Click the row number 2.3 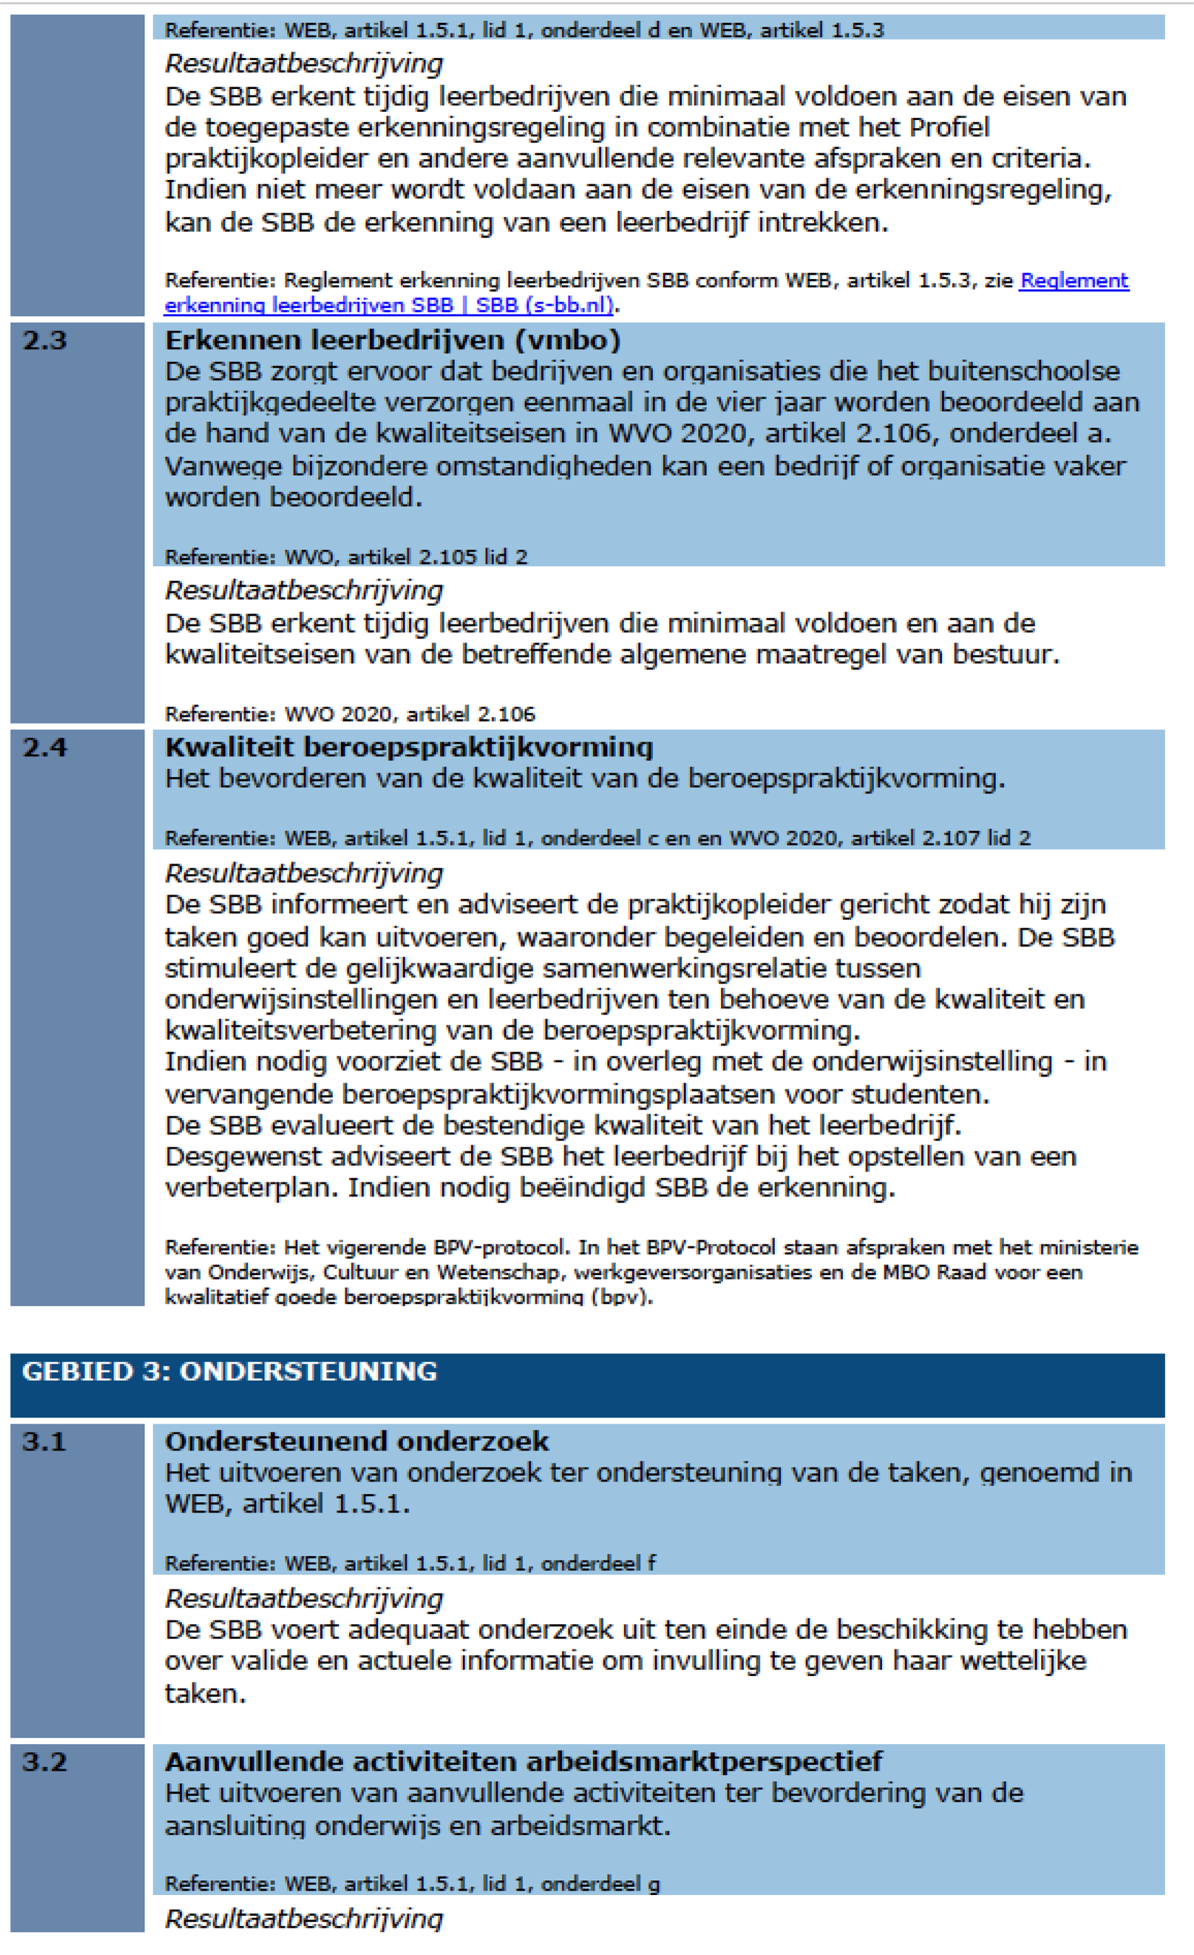[x=44, y=340]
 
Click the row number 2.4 [x=44, y=747]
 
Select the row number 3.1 [x=44, y=1441]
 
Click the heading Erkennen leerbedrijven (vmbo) [x=393, y=340]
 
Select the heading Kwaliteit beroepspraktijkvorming [x=408, y=747]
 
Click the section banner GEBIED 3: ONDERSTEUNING [x=229, y=1371]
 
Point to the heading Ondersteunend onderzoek [x=357, y=1441]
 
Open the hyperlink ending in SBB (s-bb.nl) [x=388, y=305]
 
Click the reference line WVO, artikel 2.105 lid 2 [x=346, y=557]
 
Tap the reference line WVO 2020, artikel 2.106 [x=350, y=714]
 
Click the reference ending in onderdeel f [x=410, y=1563]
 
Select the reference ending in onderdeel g [x=412, y=1884]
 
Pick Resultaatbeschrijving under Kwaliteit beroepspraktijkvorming [x=303, y=874]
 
